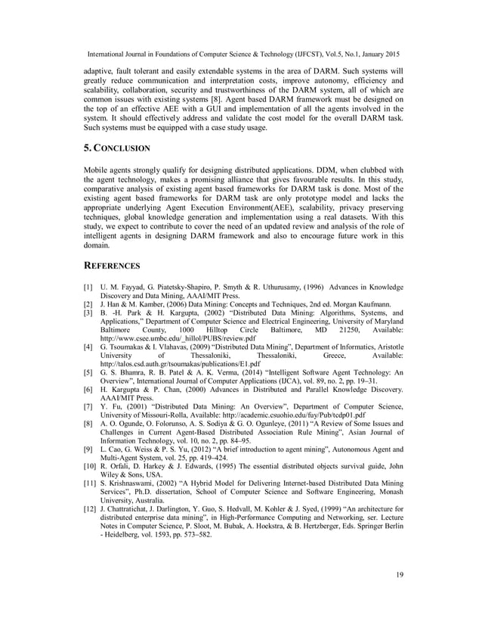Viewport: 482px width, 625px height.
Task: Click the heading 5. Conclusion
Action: tap(119, 148)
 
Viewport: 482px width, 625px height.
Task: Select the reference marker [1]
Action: tap(88, 288)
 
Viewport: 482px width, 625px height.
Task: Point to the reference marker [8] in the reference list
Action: tap(88, 427)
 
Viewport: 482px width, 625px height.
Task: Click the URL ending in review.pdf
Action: tap(159, 340)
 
